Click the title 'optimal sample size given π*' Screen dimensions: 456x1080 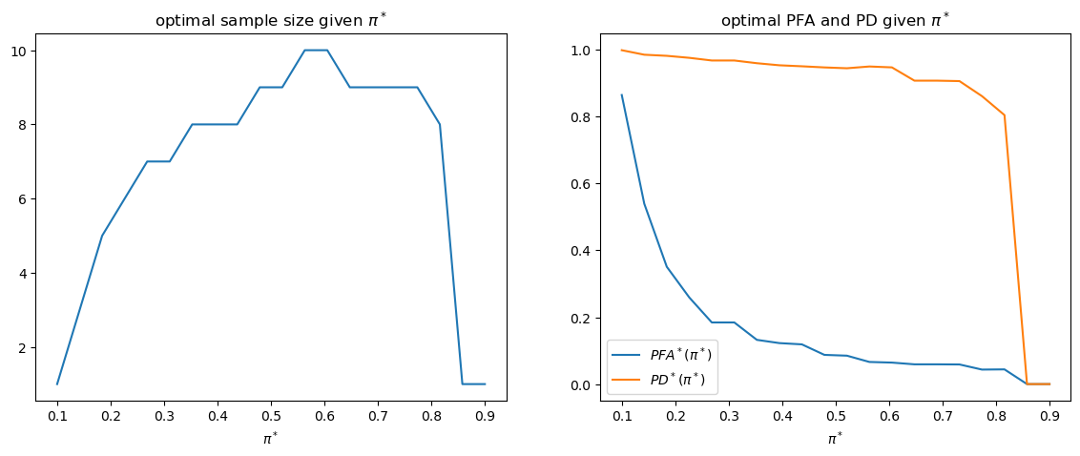click(271, 20)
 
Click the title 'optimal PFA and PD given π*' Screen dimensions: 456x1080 click(835, 20)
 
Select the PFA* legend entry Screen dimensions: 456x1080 click(680, 355)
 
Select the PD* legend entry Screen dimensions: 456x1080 click(678, 378)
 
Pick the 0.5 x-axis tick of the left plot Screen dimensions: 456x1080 click(271, 415)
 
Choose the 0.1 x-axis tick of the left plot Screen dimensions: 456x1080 click(57, 415)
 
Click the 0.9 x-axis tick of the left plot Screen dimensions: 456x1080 click(485, 415)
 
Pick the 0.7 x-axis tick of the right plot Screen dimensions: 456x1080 click(943, 415)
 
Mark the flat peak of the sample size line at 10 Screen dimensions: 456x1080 click(316, 50)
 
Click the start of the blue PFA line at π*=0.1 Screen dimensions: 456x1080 click(623, 95)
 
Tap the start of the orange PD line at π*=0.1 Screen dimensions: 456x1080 click(623, 51)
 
